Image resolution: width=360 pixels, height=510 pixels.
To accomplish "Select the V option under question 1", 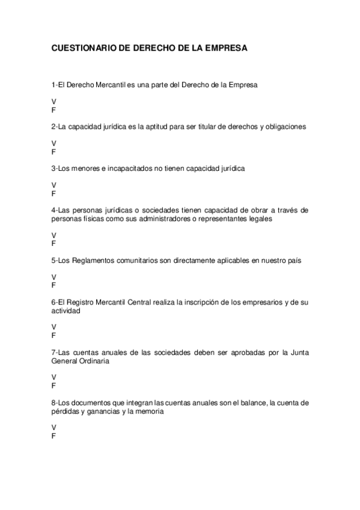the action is (x=54, y=102).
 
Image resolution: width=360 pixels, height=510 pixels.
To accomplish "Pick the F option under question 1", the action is (x=54, y=111).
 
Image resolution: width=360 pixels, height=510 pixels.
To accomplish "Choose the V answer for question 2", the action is (x=54, y=143).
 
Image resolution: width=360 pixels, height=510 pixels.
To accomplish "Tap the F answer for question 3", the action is (x=54, y=194).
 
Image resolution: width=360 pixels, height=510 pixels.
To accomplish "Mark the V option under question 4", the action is (x=54, y=235).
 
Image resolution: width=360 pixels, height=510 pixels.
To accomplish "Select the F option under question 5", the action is (x=54, y=285).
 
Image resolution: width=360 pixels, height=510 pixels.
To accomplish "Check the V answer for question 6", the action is (x=54, y=327).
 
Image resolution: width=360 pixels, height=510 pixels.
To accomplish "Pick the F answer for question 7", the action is (x=54, y=386).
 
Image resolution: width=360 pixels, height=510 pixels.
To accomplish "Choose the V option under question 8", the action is (x=54, y=427).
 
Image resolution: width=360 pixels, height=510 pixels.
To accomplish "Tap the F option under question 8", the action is (x=54, y=436).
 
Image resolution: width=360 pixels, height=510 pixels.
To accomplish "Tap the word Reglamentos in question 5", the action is (x=92, y=260).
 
